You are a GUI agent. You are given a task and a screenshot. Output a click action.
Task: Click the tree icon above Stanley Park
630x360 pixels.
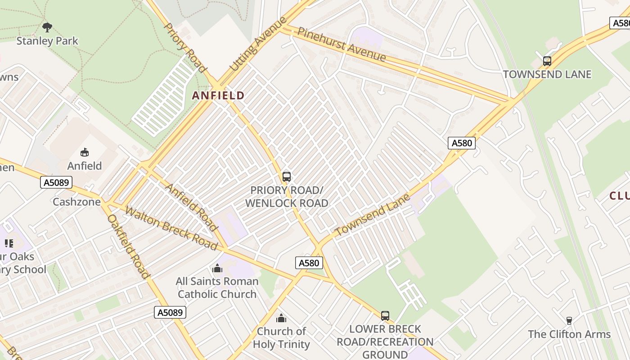47,27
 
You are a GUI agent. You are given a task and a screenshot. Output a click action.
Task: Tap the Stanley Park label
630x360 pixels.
47,41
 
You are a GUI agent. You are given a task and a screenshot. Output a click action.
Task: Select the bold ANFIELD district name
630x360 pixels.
218,95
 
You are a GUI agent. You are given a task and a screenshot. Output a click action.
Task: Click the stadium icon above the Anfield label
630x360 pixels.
85,153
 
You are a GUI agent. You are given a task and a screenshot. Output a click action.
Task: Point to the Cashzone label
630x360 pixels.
76,202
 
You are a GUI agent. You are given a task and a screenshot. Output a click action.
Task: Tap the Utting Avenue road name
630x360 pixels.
258,44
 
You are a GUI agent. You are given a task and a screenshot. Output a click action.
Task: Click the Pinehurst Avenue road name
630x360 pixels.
342,45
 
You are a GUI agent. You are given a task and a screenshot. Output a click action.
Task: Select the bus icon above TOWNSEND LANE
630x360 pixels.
547,61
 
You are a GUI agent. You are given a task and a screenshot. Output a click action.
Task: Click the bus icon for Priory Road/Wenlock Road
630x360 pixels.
287,177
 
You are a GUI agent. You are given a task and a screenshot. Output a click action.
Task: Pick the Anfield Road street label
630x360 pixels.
192,205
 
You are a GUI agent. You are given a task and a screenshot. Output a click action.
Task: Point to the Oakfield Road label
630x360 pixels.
128,246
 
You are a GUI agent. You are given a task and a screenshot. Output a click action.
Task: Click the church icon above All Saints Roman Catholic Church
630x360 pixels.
217,269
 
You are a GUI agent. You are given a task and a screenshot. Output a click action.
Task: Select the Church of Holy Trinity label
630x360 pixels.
281,338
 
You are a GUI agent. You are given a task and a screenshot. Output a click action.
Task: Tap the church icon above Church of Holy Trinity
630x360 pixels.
281,319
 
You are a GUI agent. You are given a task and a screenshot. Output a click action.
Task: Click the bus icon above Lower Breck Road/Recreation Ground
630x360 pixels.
385,316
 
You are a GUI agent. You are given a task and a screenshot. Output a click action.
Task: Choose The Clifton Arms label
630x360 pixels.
569,334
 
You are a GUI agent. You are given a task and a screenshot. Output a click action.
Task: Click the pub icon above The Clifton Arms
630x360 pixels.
569,321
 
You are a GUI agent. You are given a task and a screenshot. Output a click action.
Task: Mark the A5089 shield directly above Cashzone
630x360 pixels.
56,182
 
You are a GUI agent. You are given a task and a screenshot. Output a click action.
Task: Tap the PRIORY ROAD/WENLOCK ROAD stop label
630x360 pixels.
287,197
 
